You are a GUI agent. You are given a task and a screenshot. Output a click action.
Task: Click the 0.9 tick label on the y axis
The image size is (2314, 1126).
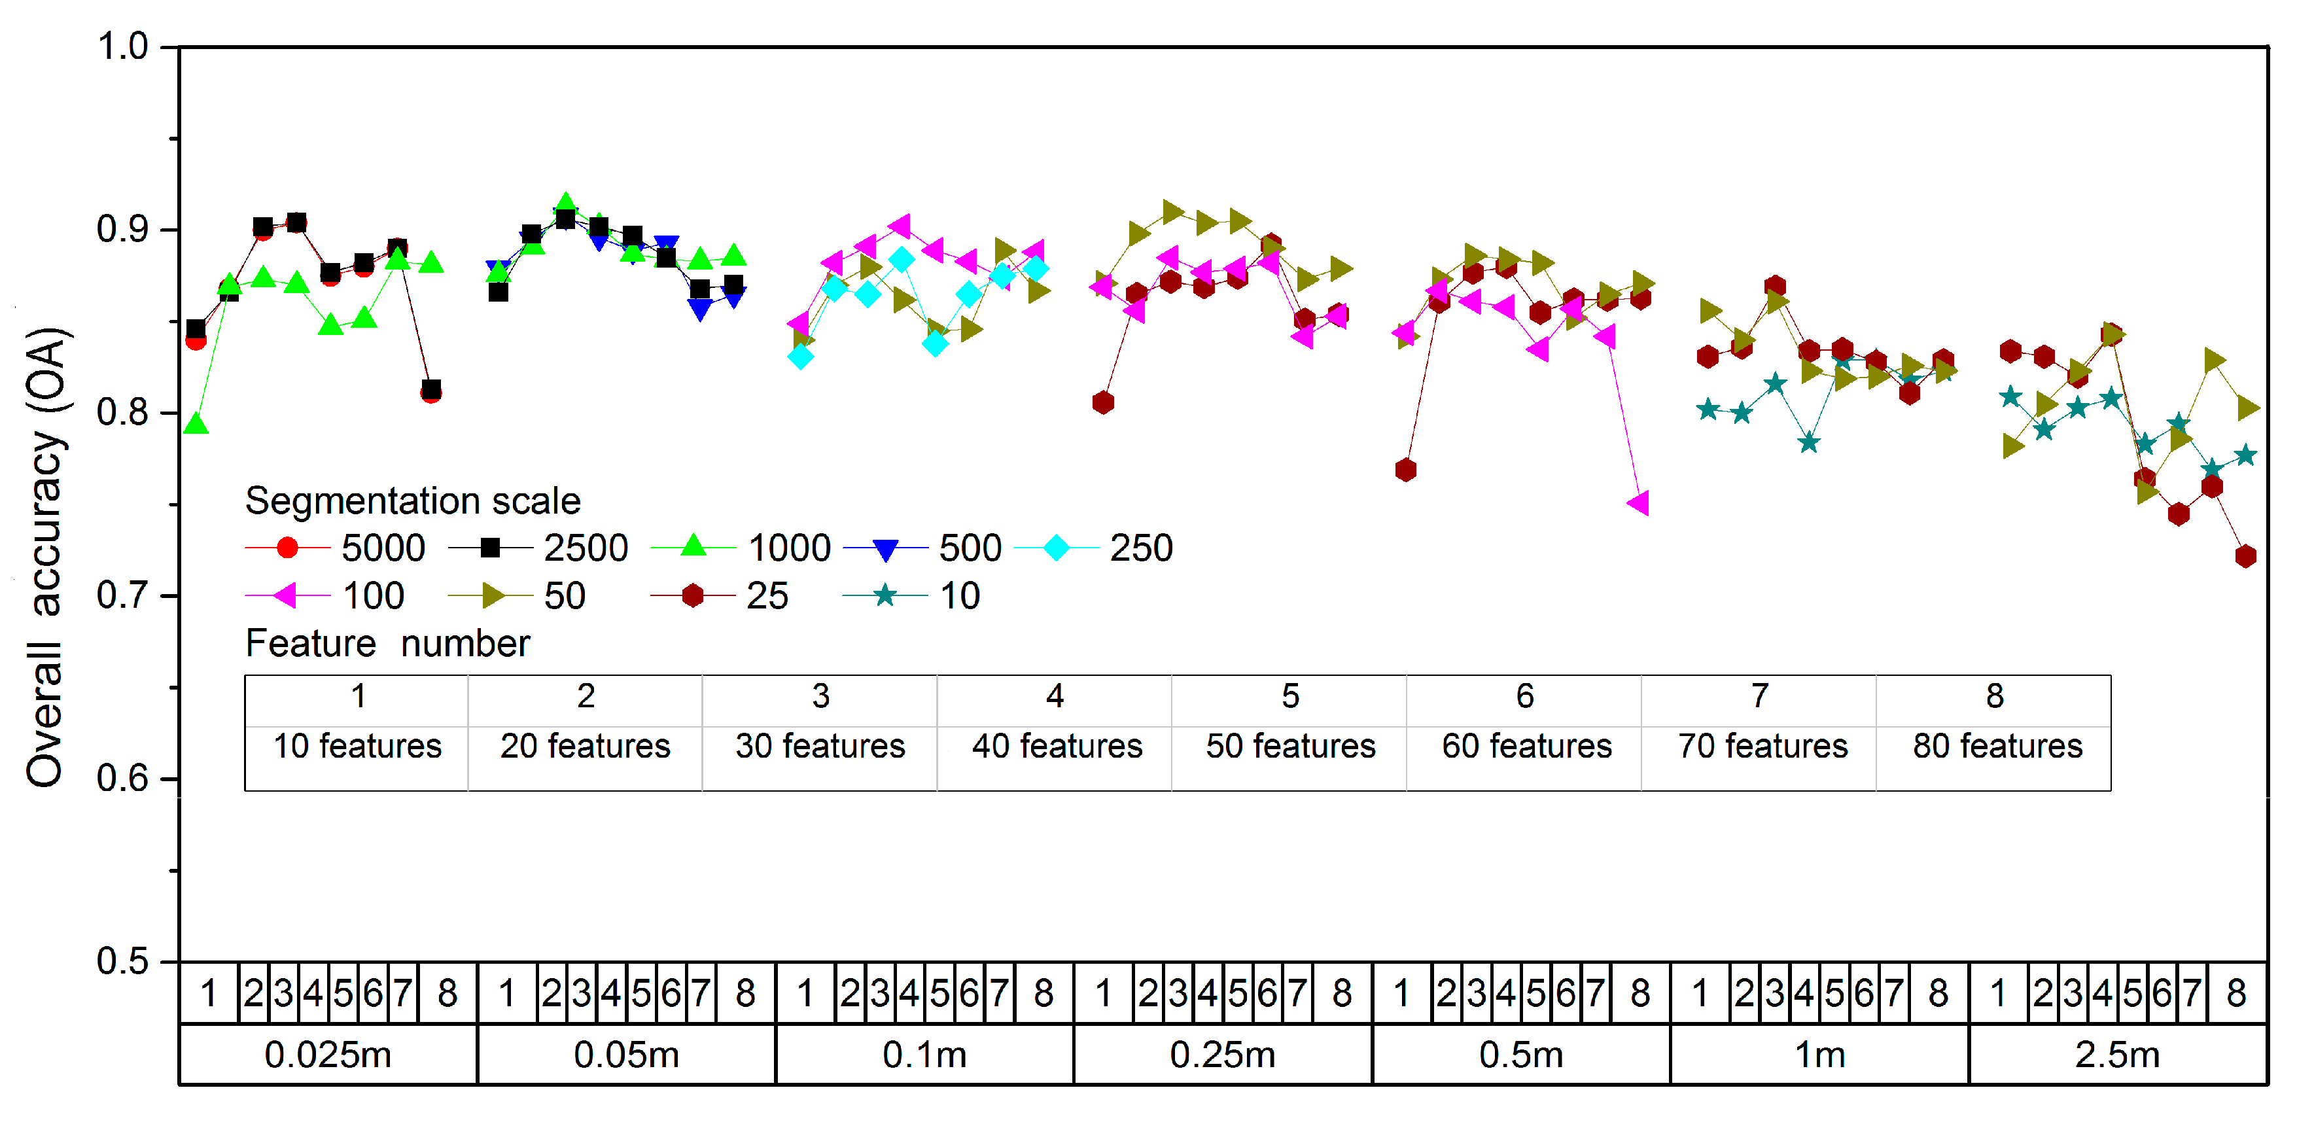point(122,230)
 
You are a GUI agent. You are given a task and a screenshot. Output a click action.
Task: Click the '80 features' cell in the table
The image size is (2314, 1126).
point(1997,746)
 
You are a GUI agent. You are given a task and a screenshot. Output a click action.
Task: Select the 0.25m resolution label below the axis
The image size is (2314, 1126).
point(1223,1054)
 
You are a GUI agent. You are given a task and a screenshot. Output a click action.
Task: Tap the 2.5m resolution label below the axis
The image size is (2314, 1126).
point(2117,1054)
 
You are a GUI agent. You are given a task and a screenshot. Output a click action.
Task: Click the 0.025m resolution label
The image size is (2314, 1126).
point(328,1054)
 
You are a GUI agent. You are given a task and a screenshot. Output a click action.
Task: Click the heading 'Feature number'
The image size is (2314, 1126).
point(387,643)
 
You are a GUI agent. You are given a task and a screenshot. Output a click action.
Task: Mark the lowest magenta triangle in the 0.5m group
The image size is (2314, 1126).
point(1638,503)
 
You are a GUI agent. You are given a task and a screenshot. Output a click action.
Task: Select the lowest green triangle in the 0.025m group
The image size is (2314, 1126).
point(196,424)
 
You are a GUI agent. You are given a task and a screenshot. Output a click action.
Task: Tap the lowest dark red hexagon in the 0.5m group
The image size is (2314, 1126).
point(1406,469)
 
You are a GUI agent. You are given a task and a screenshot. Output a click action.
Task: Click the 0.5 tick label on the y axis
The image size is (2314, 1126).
point(122,962)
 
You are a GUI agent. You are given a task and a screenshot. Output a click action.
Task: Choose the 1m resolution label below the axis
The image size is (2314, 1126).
point(1820,1054)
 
